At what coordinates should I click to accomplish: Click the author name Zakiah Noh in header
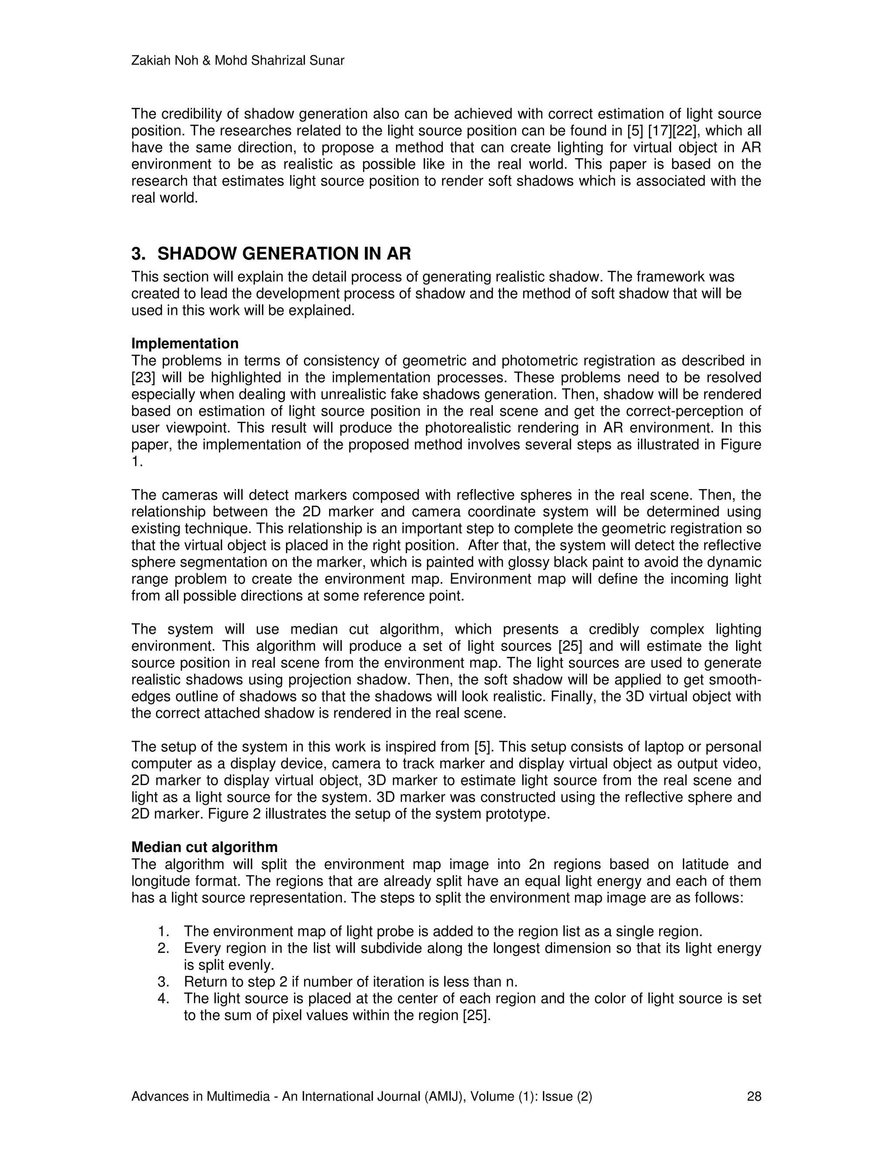(x=166, y=61)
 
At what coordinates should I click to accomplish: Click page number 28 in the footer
(x=754, y=1096)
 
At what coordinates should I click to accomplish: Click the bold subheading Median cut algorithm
(x=204, y=848)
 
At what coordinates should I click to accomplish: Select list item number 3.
(x=163, y=982)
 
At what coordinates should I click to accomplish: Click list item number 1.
(x=163, y=931)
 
